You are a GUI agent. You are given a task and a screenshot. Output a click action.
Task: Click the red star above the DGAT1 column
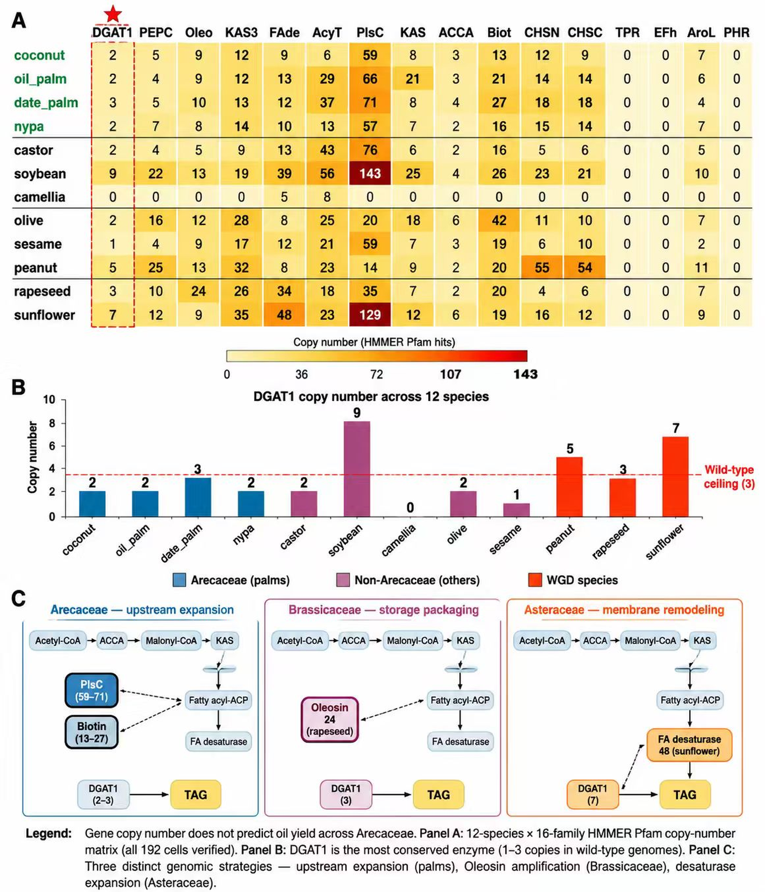[x=113, y=14]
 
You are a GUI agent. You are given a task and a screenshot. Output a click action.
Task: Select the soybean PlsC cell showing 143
[x=370, y=173]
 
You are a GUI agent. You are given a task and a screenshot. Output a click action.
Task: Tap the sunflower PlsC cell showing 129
[x=370, y=315]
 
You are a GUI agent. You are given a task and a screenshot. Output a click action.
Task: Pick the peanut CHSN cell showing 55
[x=542, y=267]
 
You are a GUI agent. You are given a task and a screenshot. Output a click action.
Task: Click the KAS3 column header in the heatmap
[x=241, y=33]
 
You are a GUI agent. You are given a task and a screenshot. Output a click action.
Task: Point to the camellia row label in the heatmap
[x=39, y=197]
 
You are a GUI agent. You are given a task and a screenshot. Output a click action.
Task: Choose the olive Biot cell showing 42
[x=499, y=221]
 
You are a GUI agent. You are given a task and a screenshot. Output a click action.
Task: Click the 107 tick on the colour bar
[x=450, y=374]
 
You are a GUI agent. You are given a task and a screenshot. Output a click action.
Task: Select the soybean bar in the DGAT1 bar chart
[x=357, y=469]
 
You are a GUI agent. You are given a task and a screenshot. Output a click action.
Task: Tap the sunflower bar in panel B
[x=675, y=477]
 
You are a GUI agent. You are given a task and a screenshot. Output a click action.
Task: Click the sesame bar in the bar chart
[x=516, y=510]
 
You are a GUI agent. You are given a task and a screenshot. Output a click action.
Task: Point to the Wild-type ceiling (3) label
[x=729, y=477]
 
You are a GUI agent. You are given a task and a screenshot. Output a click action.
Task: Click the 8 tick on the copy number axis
[x=52, y=423]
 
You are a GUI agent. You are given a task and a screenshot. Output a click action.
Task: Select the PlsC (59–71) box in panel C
[x=91, y=690]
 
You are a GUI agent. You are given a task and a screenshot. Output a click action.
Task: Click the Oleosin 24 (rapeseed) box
[x=329, y=719]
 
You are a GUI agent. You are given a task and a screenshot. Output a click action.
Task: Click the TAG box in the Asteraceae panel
[x=685, y=795]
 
